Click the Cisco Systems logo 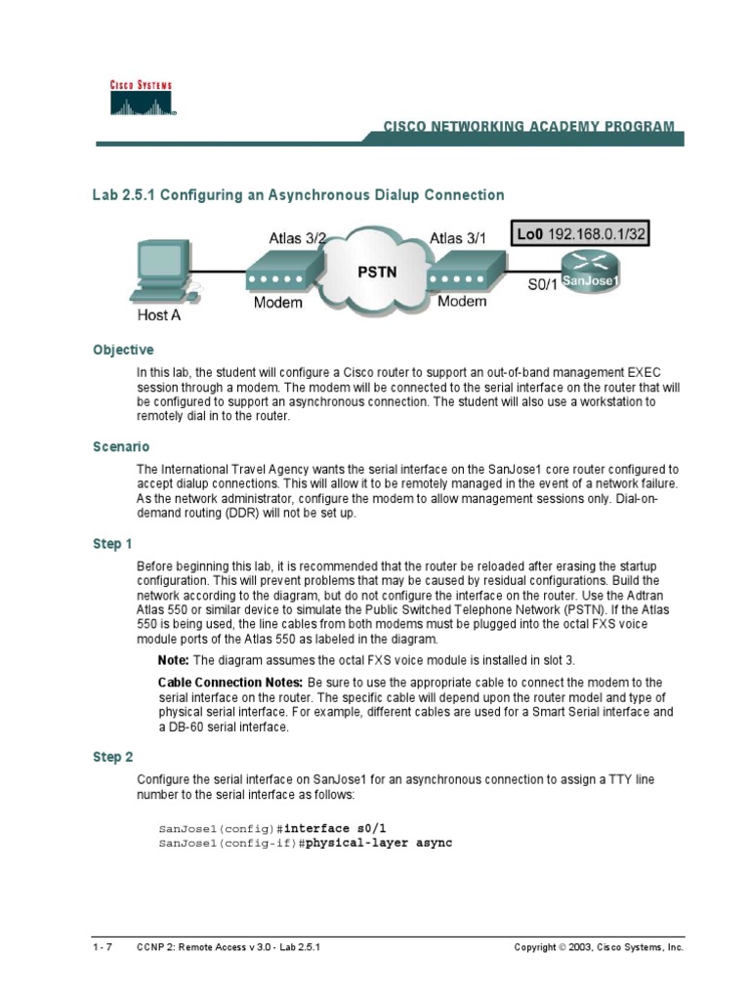click(141, 98)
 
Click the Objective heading click(123, 350)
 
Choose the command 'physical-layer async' click(379, 842)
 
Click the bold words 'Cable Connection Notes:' click(230, 683)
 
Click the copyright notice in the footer click(599, 947)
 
